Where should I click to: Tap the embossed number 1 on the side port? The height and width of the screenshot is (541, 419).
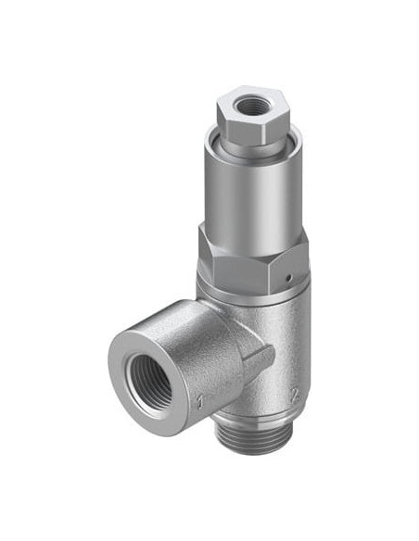pyautogui.click(x=199, y=401)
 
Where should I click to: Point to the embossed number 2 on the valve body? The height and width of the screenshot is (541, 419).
pyautogui.click(x=295, y=395)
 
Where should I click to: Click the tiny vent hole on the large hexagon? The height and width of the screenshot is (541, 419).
pyautogui.click(x=290, y=277)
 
